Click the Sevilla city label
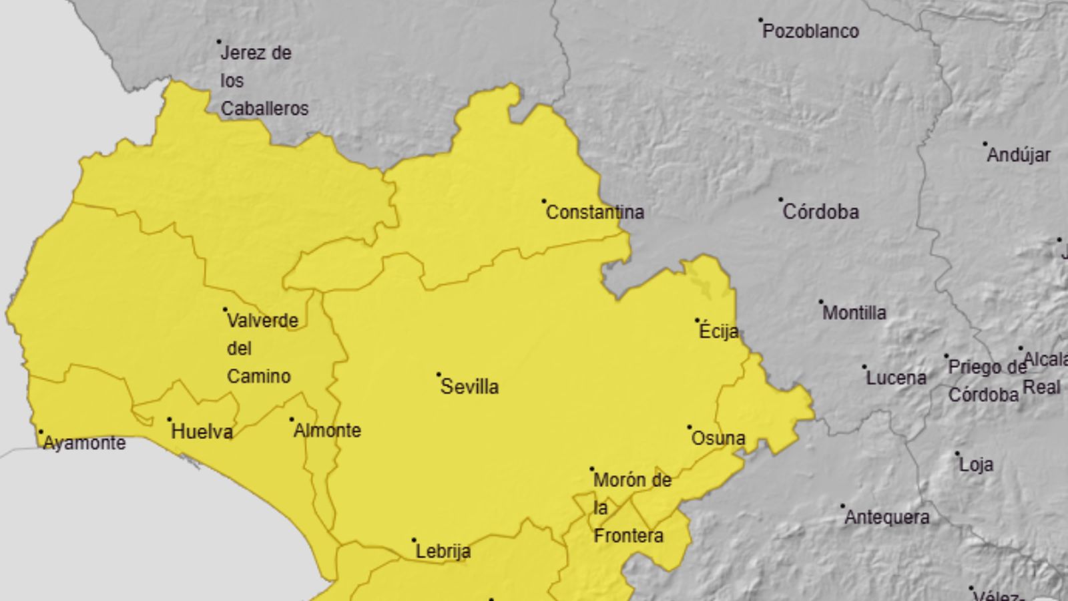tap(469, 387)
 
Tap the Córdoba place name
tap(820, 212)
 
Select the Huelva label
tap(202, 431)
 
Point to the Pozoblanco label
tap(810, 31)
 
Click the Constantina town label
tap(595, 212)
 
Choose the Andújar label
tap(1018, 155)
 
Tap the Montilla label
tap(854, 313)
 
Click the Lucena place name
tap(896, 378)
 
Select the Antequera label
tap(886, 517)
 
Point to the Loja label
tap(976, 464)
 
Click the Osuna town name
tap(718, 438)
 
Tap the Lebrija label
tap(443, 552)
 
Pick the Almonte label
tap(327, 430)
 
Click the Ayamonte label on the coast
tap(84, 443)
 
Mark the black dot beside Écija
tap(698, 321)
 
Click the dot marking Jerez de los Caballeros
tap(219, 41)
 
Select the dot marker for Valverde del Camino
tap(225, 310)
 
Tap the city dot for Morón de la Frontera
tap(591, 469)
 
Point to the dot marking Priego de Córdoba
tap(946, 357)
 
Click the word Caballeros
tap(264, 108)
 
